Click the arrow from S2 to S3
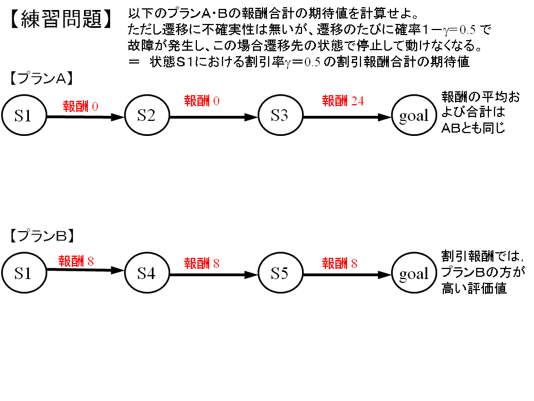[214, 118]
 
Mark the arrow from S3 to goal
[347, 118]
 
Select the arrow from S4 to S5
[214, 275]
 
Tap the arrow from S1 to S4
[86, 270]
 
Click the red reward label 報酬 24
[343, 101]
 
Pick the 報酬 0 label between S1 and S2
[80, 106]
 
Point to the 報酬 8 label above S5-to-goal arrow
[339, 263]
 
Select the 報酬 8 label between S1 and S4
[76, 261]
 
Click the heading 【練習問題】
[61, 19]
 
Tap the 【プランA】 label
[42, 79]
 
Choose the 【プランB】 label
[42, 236]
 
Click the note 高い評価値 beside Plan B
[474, 288]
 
